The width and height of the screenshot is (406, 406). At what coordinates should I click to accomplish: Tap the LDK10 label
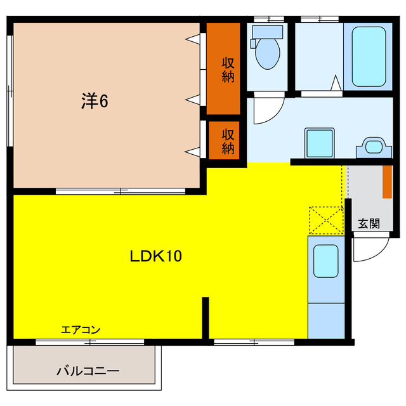pos(156,256)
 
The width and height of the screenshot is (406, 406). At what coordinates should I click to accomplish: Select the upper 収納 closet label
pos(228,70)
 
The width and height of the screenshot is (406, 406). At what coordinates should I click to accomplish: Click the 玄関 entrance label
pos(369,223)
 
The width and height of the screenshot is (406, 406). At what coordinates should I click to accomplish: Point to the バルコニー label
pos(88,371)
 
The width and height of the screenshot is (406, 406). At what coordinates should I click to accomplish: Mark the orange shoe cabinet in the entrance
pos(386,181)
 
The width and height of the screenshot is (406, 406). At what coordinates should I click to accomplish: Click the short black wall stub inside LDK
pos(205,317)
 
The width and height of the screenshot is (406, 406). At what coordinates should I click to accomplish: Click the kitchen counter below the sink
pos(326,320)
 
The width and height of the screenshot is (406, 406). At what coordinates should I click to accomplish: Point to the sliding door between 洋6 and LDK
pos(121,190)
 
